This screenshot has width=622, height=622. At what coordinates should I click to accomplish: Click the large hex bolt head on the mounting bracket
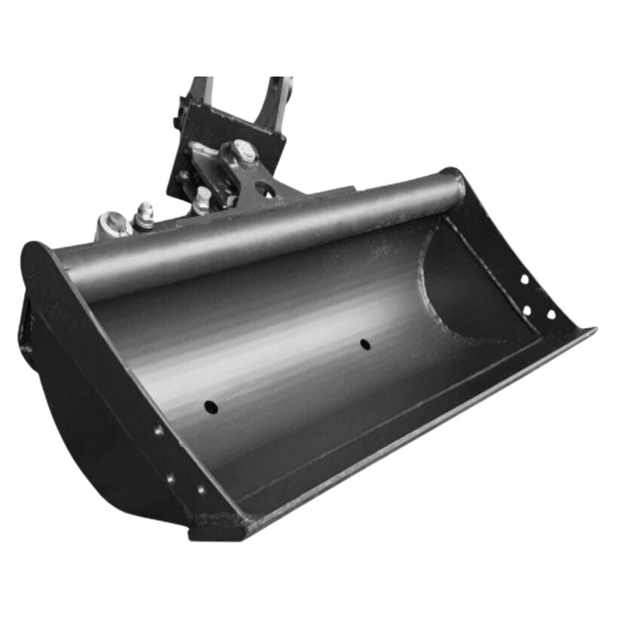click(x=244, y=152)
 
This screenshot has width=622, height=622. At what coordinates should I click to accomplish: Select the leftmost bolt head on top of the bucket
click(x=114, y=224)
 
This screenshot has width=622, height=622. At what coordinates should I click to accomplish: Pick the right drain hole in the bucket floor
click(x=365, y=343)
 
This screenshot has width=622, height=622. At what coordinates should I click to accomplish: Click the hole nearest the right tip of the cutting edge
click(x=550, y=315)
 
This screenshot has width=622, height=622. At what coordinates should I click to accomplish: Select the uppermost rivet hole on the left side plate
click(x=159, y=430)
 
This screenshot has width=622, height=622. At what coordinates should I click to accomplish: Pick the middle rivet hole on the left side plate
click(x=169, y=477)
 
